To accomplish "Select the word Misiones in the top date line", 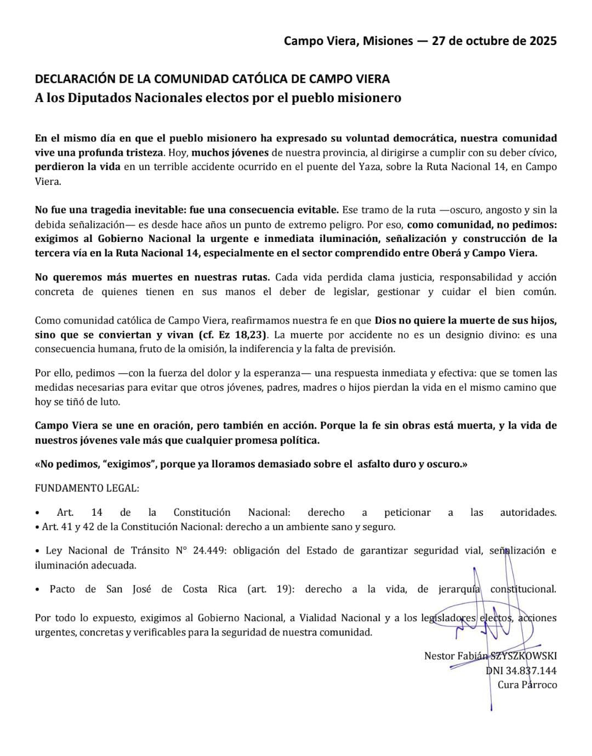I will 386,41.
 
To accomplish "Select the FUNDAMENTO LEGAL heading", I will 87,488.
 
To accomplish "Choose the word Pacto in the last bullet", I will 62,589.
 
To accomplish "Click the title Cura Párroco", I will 527,684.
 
